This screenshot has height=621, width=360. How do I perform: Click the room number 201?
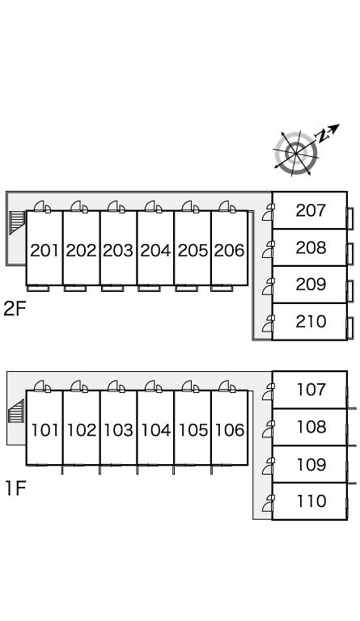pyautogui.click(x=44, y=251)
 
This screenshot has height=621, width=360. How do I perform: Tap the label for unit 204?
pyautogui.click(x=155, y=251)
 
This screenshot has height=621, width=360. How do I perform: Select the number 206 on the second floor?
pyautogui.click(x=230, y=251)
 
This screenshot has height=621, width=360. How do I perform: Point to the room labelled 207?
pyautogui.click(x=311, y=210)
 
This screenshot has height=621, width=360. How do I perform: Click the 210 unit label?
pyautogui.click(x=311, y=322)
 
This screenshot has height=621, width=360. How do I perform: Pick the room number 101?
pyautogui.click(x=44, y=430)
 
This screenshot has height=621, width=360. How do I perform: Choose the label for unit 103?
pyautogui.click(x=118, y=430)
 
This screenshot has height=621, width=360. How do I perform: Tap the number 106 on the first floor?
pyautogui.click(x=230, y=430)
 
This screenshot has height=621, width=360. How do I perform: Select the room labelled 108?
pyautogui.click(x=311, y=427)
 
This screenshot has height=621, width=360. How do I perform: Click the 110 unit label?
pyautogui.click(x=311, y=501)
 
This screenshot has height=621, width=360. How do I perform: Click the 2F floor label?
pyautogui.click(x=15, y=309)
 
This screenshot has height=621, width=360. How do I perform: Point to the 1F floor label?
pyautogui.click(x=15, y=488)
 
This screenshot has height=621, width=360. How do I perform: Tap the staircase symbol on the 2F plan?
pyautogui.click(x=17, y=222)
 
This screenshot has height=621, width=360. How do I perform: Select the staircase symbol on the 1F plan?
pyautogui.click(x=16, y=411)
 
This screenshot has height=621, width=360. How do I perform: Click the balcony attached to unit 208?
pyautogui.click(x=350, y=253)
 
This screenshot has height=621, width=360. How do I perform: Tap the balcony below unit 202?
pyautogui.click(x=75, y=289)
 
